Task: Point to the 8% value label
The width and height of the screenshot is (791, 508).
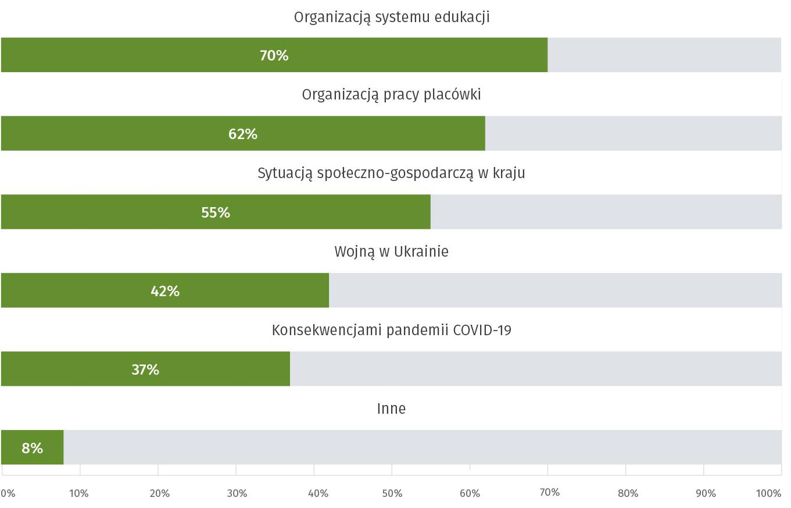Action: pos(33,448)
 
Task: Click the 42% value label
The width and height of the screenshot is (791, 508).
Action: pos(165,291)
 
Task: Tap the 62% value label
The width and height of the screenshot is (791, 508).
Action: pos(243,134)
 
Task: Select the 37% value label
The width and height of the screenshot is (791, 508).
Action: pos(145,370)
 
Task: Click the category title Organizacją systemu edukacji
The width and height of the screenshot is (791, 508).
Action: pos(392,17)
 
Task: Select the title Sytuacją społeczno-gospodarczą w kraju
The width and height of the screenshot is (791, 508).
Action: pos(391,173)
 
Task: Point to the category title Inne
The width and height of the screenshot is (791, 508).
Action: pos(391,408)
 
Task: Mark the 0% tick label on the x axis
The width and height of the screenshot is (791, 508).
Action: pos(8,493)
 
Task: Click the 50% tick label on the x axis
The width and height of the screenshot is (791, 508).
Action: pos(392,493)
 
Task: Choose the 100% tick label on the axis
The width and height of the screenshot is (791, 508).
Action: pos(769,493)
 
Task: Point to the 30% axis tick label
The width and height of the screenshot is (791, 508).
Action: pos(237,493)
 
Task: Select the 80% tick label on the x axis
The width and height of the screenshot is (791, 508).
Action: pos(628,493)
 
